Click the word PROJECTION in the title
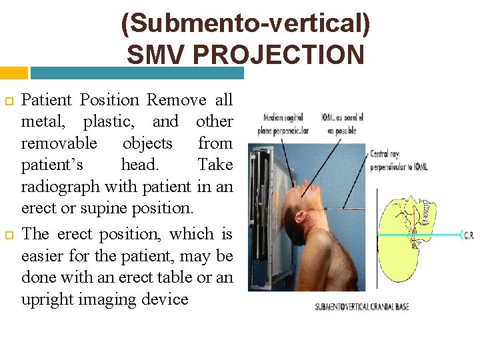tap(288, 55)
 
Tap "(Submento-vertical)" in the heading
tap(245, 24)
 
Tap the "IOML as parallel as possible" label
tap(345, 124)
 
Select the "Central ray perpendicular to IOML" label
tap(399, 159)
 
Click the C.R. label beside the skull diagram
tap(469, 235)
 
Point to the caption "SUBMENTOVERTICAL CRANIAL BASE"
tap(361, 307)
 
